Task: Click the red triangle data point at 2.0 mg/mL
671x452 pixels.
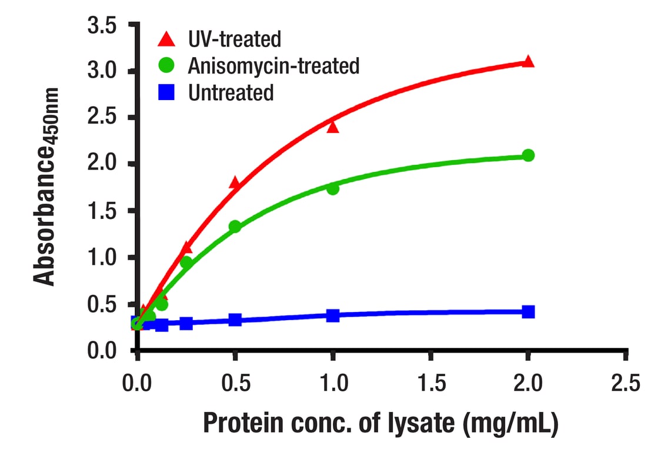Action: click(x=528, y=61)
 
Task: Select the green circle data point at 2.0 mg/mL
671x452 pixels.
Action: click(x=528, y=155)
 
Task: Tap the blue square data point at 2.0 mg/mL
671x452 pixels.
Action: click(x=528, y=311)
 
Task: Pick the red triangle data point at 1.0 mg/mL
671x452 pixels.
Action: click(x=333, y=127)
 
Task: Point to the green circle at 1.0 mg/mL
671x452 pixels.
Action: click(x=333, y=189)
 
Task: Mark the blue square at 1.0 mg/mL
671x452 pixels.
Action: click(x=333, y=315)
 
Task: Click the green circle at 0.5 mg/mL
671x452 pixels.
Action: click(x=235, y=227)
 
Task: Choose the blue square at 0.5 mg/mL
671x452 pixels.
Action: click(x=235, y=320)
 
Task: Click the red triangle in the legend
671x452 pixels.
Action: click(x=167, y=39)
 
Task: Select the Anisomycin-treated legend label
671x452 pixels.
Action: click(x=273, y=66)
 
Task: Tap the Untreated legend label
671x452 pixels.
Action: click(x=231, y=92)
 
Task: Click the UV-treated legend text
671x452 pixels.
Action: click(x=235, y=39)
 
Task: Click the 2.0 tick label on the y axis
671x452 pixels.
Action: click(x=103, y=164)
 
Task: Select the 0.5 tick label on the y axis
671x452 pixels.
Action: click(x=103, y=304)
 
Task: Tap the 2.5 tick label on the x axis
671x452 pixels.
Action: click(x=626, y=384)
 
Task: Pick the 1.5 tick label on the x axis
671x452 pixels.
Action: click(x=430, y=384)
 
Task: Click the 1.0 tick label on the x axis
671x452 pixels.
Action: click(x=333, y=384)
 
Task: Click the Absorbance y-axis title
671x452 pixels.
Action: click(x=46, y=187)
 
